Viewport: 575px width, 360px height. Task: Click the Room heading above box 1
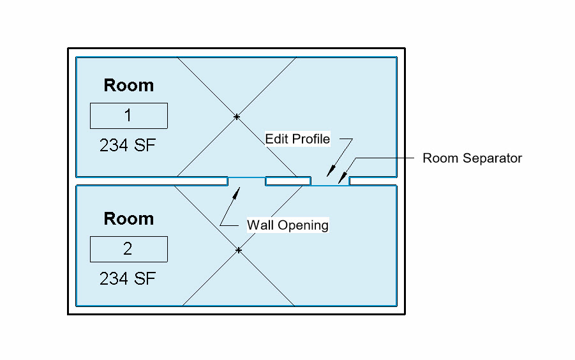[x=128, y=86]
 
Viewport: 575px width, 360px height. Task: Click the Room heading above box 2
[x=128, y=219]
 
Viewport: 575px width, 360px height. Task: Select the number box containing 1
[x=128, y=116]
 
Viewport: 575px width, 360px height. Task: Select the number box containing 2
[x=128, y=249]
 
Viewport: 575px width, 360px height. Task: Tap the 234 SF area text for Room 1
[x=128, y=146]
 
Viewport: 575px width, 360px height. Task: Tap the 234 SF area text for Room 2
[x=128, y=279]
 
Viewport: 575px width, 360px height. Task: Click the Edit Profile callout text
[x=297, y=139]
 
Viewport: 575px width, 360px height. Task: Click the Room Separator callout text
[x=472, y=158]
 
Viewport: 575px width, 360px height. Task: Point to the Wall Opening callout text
[x=288, y=225]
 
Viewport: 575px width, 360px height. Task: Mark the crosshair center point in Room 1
[x=237, y=117]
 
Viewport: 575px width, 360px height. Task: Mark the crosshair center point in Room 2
[x=238, y=250]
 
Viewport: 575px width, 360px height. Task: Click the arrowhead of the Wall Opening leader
[x=239, y=188]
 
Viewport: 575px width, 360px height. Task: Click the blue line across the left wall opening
[x=246, y=178]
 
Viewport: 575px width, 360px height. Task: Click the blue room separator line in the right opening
[x=330, y=185]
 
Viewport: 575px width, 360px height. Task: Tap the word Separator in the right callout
[x=494, y=158]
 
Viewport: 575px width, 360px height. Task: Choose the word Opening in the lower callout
[x=304, y=225]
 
